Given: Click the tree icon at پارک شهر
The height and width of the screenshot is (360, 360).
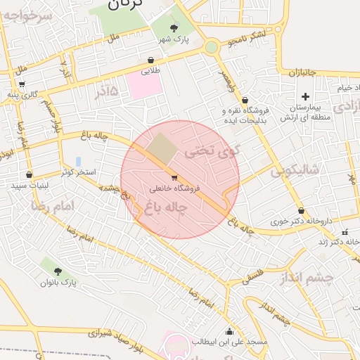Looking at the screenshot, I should coord(173,28).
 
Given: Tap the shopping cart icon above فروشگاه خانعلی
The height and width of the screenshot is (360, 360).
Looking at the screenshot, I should coord(174,178).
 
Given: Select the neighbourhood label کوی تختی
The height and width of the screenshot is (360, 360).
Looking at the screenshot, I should coord(212,150).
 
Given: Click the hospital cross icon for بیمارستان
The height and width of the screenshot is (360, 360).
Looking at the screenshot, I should coord(304,96).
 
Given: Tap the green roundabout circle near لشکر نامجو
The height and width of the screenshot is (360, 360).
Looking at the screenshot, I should coord(212,47).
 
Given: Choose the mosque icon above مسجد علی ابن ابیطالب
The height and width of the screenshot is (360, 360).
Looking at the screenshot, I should coord(229,332).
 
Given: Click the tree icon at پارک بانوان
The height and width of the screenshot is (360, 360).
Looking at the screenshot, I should coord(58,271).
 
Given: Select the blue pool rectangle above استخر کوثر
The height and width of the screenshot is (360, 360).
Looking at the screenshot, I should coord(78,162).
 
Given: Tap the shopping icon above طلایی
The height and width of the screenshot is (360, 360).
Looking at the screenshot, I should coord(151,60).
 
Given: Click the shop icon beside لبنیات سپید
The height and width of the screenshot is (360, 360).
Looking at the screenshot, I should coord(29,174).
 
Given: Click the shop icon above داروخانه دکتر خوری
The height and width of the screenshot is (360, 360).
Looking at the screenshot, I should coord(301,210).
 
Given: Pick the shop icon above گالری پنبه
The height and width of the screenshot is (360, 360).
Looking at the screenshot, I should coord(22,84).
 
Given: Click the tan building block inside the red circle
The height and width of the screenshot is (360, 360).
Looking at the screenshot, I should coord(162,146).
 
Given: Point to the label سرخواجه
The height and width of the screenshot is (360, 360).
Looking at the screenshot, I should coord(27,18).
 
